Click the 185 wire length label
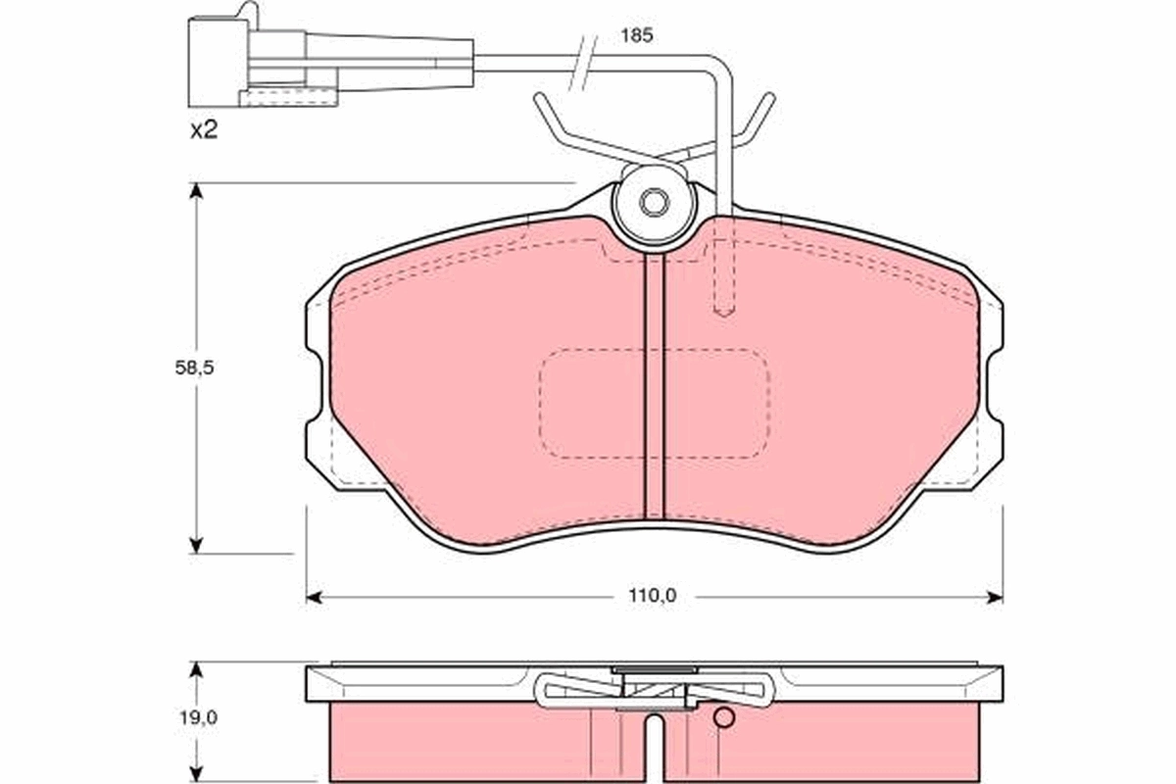[636, 35]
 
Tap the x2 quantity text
[203, 130]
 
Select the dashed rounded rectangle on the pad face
[655, 404]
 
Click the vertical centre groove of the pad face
[654, 392]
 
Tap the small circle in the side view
[723, 718]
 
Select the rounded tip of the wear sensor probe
[723, 310]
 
